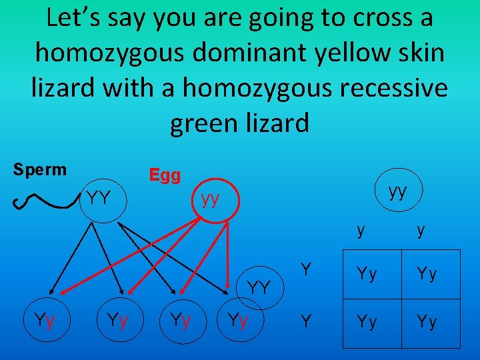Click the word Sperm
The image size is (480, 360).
tap(40, 169)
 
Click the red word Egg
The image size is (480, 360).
tap(165, 175)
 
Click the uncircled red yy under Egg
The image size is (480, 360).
tap(211, 199)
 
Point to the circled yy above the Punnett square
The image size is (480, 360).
tap(397, 192)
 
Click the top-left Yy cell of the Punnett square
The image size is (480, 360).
tap(367, 274)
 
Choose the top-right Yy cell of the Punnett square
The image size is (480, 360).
tap(427, 274)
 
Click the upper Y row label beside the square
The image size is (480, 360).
tap(306, 270)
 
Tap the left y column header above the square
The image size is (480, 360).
tap(361, 231)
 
